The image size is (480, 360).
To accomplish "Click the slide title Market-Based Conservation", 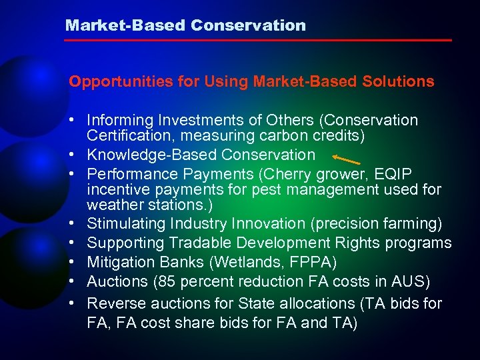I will (185, 25).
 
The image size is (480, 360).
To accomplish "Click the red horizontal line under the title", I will (257, 41).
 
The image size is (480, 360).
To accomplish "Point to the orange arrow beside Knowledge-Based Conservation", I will (347, 159).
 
